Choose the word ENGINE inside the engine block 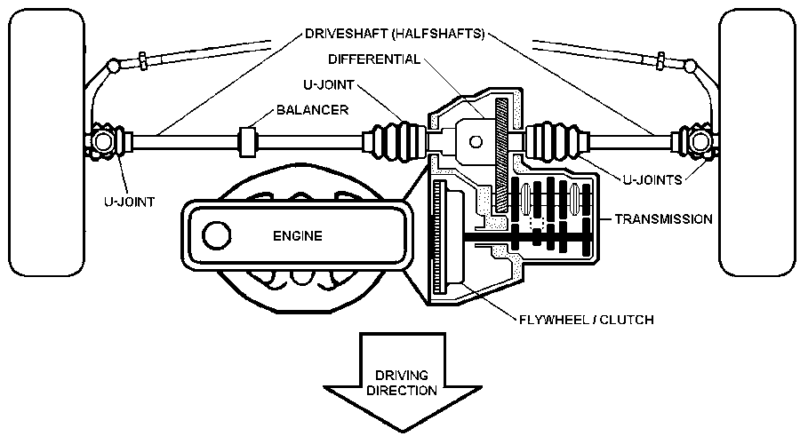coord(298,236)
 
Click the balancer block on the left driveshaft coord(249,140)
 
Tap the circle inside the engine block coord(216,236)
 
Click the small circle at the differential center coord(474,140)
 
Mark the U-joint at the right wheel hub coord(695,142)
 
